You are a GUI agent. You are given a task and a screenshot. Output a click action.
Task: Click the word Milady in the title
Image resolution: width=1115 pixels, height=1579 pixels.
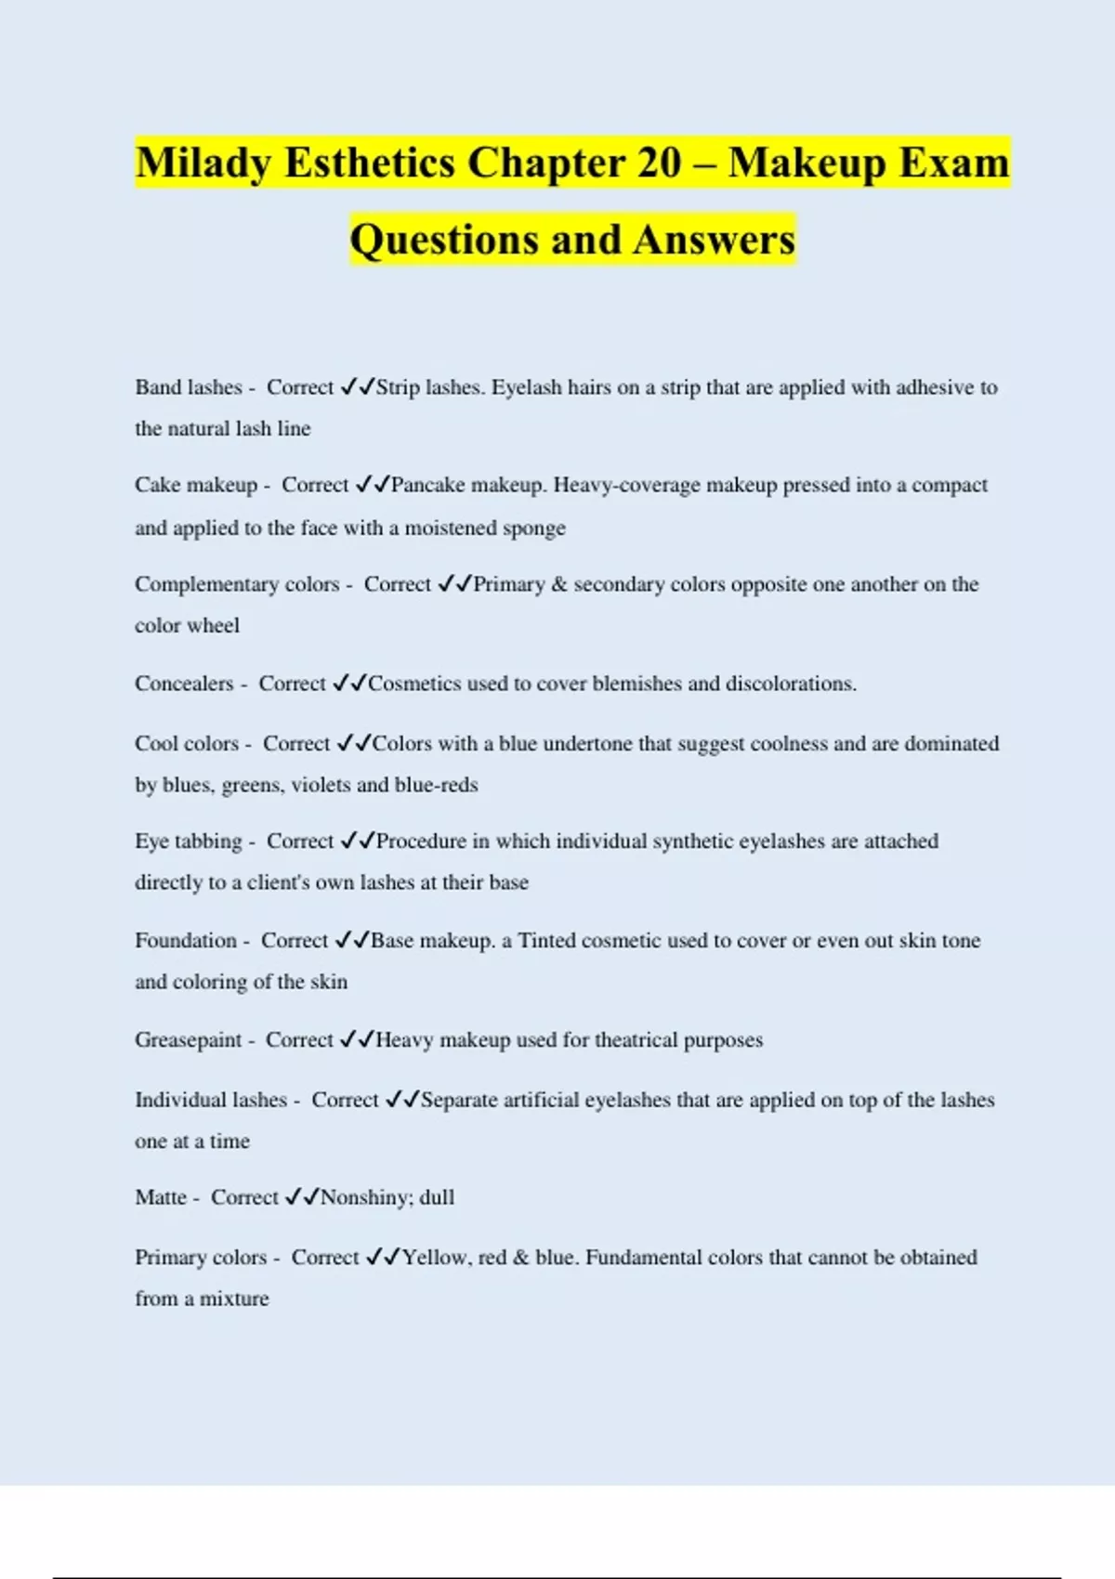coord(203,163)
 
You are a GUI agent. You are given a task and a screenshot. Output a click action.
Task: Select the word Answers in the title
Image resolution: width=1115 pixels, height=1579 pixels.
coord(715,240)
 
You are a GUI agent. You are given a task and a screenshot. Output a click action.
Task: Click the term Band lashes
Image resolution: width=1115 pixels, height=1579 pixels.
coord(189,387)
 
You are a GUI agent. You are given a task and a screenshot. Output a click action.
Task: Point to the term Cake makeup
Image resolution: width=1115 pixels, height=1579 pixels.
coord(196,485)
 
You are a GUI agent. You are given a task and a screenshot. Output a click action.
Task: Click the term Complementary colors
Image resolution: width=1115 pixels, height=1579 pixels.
coord(237,584)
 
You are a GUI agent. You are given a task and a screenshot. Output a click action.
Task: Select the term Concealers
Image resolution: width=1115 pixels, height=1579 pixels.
coord(184,684)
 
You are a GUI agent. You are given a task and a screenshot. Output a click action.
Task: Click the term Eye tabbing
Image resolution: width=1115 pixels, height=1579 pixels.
coord(189,842)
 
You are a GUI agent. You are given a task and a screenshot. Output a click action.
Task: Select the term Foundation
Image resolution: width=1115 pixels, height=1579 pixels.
coord(186,941)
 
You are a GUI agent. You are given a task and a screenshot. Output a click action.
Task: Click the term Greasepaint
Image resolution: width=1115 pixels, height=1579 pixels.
coord(189,1040)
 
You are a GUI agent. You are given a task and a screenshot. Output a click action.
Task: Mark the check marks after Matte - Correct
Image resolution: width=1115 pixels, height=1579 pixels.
coord(302,1197)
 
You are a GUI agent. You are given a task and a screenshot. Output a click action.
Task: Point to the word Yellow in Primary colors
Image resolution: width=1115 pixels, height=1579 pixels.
coord(435,1258)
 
